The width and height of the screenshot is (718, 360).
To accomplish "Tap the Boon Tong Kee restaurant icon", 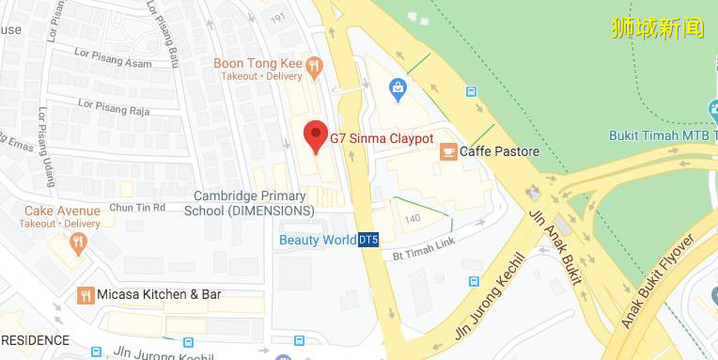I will click(x=314, y=66).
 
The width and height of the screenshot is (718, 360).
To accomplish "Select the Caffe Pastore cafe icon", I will click(x=448, y=151).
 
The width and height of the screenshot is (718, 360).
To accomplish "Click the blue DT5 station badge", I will click(x=368, y=240).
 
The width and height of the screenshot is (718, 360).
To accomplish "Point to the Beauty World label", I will click(x=318, y=240).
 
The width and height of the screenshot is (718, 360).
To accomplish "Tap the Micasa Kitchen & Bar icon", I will click(x=86, y=294).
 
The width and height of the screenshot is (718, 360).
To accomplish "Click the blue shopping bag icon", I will click(x=398, y=89).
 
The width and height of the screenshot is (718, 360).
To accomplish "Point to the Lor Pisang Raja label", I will click(x=115, y=107).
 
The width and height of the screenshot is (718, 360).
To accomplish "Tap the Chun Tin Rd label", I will click(x=137, y=207).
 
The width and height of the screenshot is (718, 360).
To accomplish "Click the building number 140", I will click(x=413, y=219).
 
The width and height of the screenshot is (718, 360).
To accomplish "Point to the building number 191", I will click(x=276, y=18).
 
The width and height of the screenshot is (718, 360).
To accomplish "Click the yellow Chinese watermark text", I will click(x=657, y=27).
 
